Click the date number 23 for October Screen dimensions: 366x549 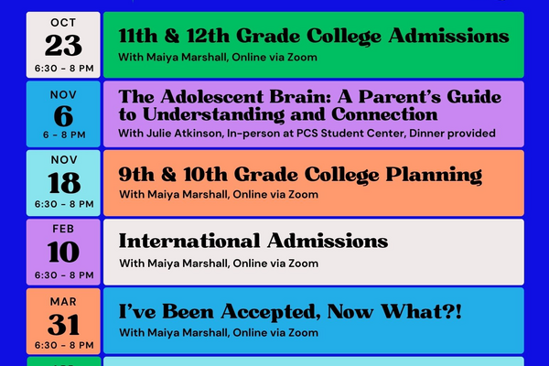point(63,45)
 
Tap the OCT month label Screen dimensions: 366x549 point(63,22)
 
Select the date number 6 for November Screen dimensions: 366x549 point(63,113)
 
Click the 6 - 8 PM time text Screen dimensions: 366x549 point(63,134)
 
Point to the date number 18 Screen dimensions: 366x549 point(63,182)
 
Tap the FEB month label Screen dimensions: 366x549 point(63,229)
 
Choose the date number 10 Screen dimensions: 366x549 point(63,252)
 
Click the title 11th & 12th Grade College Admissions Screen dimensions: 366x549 point(314,36)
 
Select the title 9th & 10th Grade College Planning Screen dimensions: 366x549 point(300,174)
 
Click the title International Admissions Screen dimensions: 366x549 point(253,242)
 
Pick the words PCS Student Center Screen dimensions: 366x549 point(354,134)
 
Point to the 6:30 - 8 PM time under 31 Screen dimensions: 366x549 point(63,345)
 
